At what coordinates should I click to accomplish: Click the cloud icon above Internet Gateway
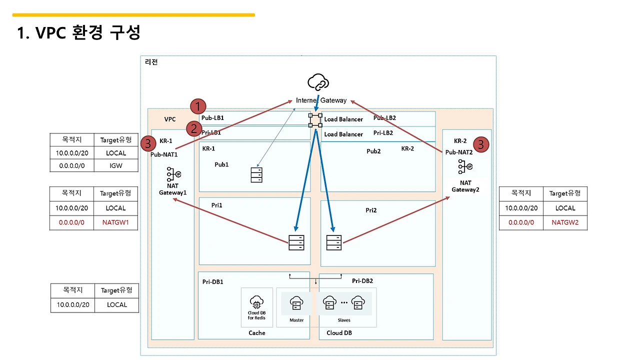318,82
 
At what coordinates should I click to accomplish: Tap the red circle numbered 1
198,106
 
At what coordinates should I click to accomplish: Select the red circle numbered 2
193,128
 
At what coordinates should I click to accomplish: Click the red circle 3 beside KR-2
480,145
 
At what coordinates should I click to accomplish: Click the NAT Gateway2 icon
464,167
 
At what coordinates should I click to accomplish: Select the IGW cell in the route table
116,165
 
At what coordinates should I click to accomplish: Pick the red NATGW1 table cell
116,223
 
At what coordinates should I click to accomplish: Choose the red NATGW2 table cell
565,222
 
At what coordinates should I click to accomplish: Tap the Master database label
296,320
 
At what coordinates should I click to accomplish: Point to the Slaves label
344,320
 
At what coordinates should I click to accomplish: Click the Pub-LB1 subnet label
212,118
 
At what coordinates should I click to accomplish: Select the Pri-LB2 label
383,133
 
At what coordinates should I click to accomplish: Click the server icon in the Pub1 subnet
256,174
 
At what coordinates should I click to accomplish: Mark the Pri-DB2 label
362,281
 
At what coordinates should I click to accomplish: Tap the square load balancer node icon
315,119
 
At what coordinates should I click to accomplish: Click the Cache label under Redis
257,333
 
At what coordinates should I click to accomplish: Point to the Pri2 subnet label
371,210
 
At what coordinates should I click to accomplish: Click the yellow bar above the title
133,15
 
